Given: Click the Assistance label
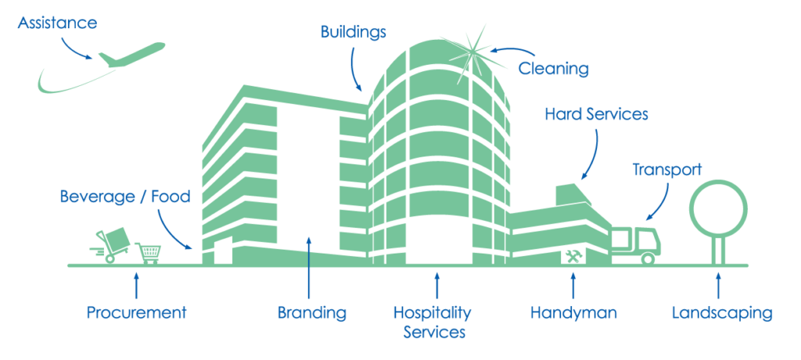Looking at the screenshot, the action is [57, 23].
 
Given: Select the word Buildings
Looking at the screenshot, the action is [354, 33].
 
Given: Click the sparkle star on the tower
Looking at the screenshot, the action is [473, 52].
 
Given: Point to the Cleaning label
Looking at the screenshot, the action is [554, 69].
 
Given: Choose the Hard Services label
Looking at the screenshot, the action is [596, 113].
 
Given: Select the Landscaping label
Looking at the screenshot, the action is [722, 313].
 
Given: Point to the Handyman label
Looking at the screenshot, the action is [573, 312].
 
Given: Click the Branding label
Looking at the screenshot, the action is [311, 312].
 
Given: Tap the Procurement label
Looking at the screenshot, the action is [136, 312].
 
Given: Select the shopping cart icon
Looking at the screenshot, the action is [148, 253].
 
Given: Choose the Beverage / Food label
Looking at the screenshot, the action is [125, 196].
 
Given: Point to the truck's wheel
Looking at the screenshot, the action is [647, 258].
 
